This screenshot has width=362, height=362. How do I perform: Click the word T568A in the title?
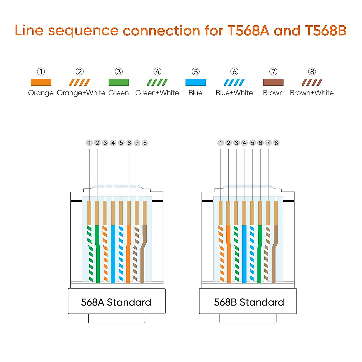248,31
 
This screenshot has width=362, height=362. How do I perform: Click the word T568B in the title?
325,31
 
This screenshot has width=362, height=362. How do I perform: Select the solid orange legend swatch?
41,82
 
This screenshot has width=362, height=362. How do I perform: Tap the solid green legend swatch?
119,82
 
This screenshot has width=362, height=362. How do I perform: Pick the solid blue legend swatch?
195,82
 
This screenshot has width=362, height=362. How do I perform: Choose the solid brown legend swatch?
273,82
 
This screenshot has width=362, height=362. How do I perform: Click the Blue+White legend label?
234,93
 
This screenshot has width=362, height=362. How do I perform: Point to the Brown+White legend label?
312,93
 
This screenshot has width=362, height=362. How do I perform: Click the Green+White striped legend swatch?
157,82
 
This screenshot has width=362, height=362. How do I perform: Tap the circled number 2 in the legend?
80,71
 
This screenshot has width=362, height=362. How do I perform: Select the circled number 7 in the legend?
273,71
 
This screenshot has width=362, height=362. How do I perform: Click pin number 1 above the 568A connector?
89,143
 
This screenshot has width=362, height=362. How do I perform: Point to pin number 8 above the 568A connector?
145,143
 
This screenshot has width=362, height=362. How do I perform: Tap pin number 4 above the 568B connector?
244,143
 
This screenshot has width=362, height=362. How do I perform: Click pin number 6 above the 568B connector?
260,143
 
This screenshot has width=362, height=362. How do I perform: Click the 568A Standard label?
116,302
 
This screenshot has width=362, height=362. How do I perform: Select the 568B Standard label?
249,302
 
